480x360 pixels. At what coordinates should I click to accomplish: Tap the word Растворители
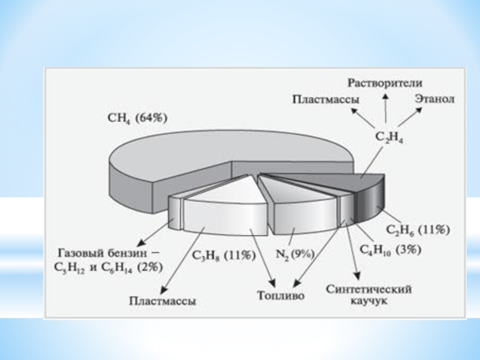click(386, 82)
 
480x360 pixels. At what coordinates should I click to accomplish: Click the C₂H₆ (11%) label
click(418, 229)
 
